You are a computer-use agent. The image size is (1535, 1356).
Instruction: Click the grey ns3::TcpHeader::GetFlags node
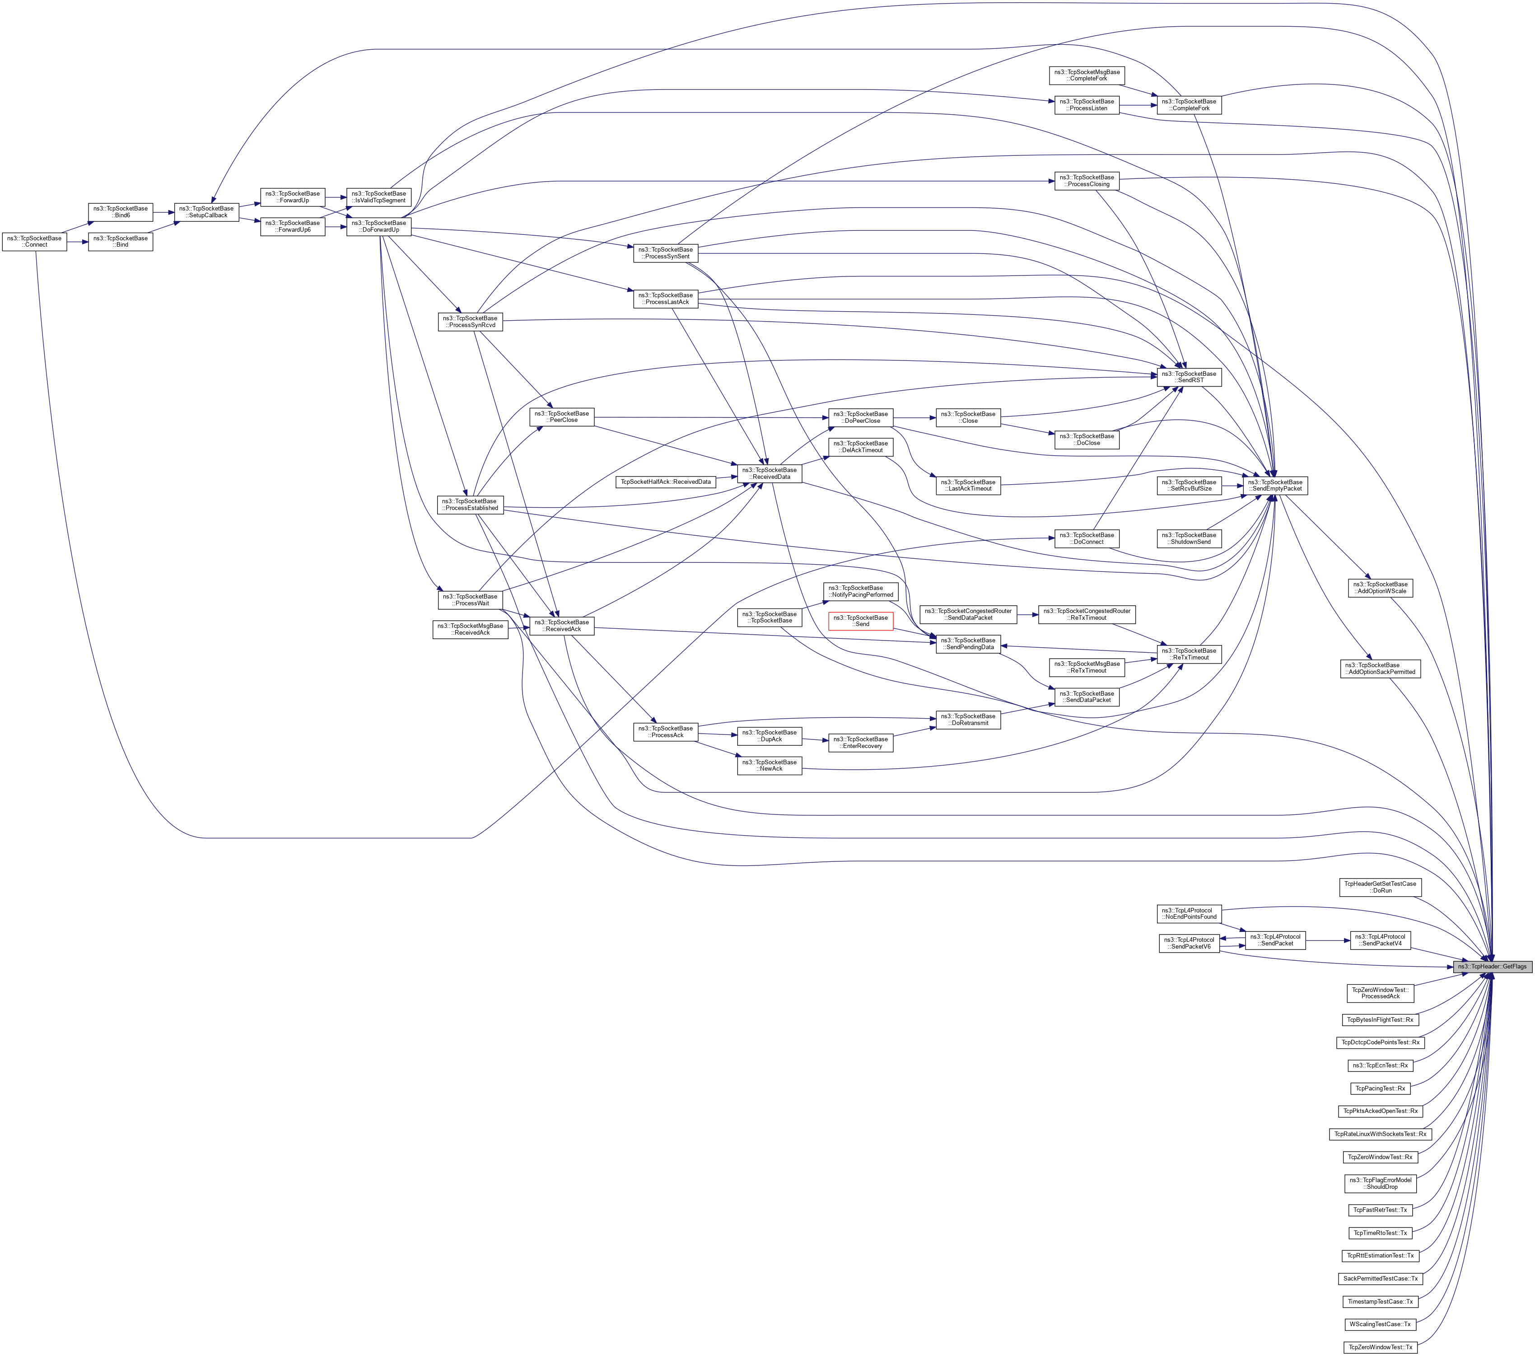[x=1492, y=966]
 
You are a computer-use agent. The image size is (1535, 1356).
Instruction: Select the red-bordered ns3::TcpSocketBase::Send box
[x=861, y=621]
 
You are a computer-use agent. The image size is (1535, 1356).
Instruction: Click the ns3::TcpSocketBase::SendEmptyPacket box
[x=1275, y=485]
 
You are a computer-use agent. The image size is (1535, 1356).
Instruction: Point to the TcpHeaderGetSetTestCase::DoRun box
[x=1380, y=887]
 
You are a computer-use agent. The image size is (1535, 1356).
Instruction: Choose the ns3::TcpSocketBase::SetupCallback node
[x=206, y=212]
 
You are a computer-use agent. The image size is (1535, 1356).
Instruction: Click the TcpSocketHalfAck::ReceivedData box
[x=665, y=482]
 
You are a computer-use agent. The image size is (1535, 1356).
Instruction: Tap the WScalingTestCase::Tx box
[x=1380, y=1323]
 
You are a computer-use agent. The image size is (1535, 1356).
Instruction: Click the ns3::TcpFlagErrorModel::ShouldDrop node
[x=1380, y=1183]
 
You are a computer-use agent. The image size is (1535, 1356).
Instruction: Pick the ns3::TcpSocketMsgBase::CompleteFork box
[x=1087, y=75]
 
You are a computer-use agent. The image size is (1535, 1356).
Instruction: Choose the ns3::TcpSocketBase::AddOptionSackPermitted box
[x=1380, y=669]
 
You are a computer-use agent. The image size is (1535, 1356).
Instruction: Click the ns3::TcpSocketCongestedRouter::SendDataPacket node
[x=968, y=614]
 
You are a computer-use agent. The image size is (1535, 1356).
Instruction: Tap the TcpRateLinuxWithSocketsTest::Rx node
[x=1380, y=1134]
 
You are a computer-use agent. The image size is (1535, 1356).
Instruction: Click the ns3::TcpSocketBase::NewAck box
[x=770, y=766]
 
